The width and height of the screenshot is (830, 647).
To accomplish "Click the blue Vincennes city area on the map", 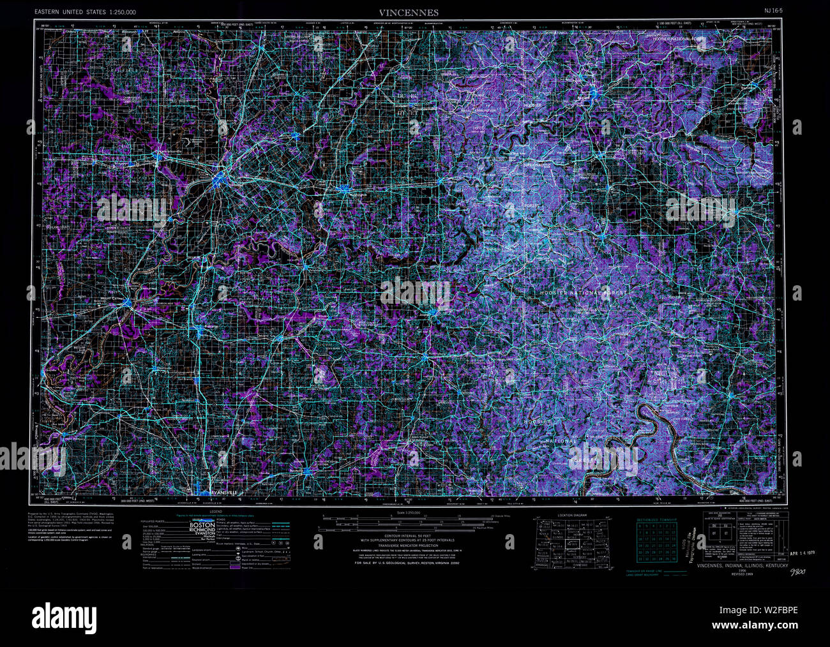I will click(220, 178).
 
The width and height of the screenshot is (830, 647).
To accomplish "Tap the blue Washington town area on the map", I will click(345, 189).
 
